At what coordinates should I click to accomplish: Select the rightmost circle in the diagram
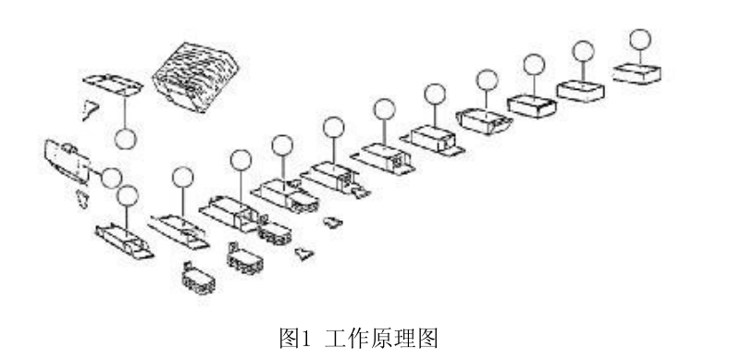[638, 39]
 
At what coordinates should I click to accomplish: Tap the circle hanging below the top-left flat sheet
[127, 139]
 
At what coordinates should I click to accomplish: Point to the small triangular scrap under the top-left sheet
[90, 111]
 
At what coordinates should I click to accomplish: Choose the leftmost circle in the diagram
[111, 178]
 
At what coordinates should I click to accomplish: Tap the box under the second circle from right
[581, 89]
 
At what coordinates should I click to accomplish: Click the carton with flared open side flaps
[483, 118]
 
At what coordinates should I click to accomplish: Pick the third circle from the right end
[534, 64]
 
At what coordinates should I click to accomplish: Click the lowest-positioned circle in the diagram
[128, 195]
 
